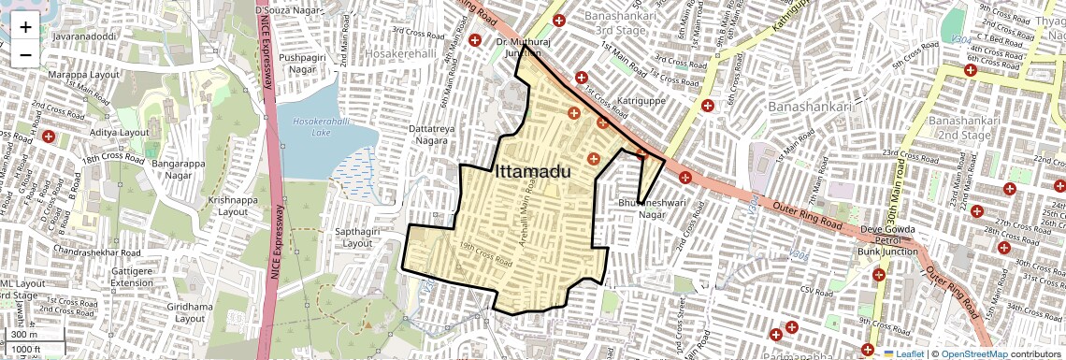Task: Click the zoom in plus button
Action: point(25,27)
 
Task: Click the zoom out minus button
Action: point(25,54)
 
